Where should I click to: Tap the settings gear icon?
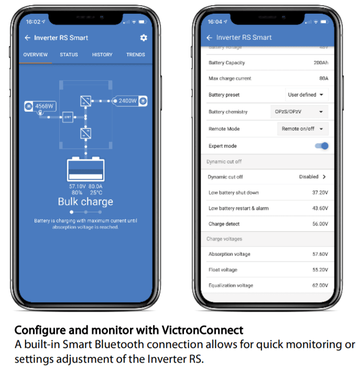(x=144, y=38)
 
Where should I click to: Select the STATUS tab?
(x=69, y=55)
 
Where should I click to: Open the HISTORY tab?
(x=102, y=55)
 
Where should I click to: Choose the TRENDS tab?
(x=136, y=55)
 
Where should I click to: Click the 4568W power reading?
(x=45, y=106)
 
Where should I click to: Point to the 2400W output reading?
(x=127, y=101)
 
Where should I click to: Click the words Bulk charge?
(x=85, y=202)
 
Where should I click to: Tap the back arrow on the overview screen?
(x=28, y=38)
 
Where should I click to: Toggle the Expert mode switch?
(x=322, y=146)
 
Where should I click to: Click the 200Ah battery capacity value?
(x=321, y=63)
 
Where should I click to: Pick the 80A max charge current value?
(x=323, y=79)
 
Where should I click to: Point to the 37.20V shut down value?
(x=320, y=193)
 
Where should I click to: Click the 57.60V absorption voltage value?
(x=320, y=254)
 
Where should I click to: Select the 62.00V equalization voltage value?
(x=320, y=286)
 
